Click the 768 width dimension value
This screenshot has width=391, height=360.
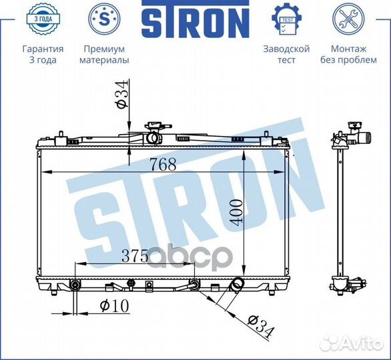pos(163,164)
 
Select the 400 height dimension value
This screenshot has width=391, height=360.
pos(236,213)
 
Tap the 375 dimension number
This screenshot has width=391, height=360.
pos(135,255)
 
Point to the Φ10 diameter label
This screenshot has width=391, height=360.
pos(115,305)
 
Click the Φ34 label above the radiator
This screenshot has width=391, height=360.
pos(122,94)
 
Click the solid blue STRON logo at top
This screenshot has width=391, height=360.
pos(195,19)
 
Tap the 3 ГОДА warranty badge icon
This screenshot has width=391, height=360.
pos(43,19)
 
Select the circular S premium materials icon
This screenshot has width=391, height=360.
pos(104,19)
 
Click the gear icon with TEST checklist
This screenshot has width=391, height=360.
pos(287,19)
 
